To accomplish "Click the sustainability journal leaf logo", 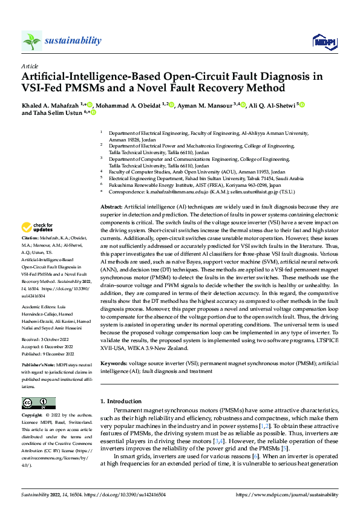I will coord(31,41).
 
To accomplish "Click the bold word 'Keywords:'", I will coord(116,363).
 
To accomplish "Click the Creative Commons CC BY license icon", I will coord(39,403).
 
